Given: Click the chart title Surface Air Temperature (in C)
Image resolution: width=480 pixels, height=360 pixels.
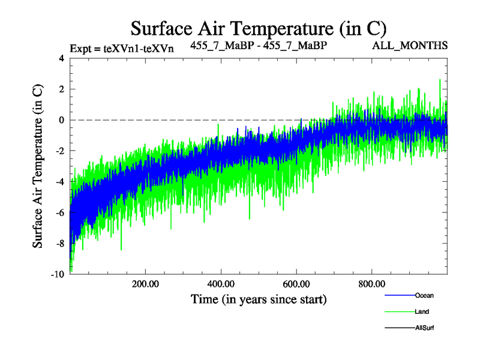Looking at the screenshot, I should point(258,28).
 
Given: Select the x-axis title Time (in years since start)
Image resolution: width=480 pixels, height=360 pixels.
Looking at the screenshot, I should point(259,299).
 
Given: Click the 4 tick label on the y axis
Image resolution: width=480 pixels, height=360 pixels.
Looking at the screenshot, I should point(61,59).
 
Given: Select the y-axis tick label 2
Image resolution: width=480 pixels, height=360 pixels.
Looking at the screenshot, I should point(61,89).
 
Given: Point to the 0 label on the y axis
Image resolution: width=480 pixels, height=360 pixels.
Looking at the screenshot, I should point(61,120).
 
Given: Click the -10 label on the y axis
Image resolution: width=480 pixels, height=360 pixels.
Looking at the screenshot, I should point(58,274).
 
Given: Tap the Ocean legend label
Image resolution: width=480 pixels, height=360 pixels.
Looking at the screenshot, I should point(424,295).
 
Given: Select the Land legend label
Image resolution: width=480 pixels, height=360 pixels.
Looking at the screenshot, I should point(422,311).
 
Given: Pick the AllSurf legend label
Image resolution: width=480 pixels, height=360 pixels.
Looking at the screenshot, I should point(424,328).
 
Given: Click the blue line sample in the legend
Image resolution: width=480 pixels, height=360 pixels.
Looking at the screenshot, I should point(399,295).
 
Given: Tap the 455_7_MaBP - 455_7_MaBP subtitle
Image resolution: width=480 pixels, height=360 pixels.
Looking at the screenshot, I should point(259,46).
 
